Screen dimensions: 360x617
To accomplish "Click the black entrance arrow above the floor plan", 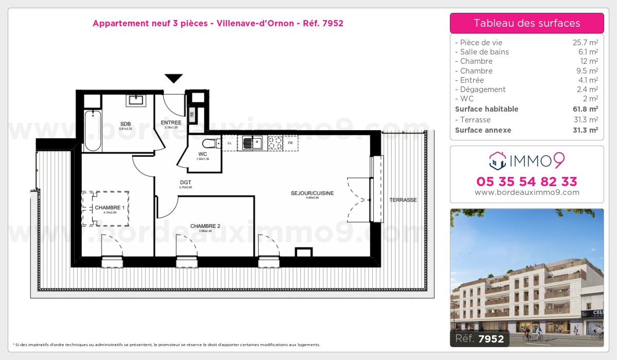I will click(x=174, y=78).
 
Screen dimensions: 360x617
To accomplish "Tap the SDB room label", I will click(x=125, y=124).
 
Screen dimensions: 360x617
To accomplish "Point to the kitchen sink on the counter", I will click(x=252, y=142).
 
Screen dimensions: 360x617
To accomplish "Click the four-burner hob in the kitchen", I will click(x=275, y=142).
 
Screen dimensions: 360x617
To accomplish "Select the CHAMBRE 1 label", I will click(x=110, y=208).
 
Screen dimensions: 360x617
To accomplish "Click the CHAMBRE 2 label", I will click(x=205, y=226).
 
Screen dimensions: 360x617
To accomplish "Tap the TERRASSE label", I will click(x=403, y=200).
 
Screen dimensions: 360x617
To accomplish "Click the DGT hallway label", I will click(x=186, y=182).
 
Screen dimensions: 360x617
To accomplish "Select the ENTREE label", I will click(x=171, y=122).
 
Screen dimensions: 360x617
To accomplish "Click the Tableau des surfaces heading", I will click(x=527, y=23).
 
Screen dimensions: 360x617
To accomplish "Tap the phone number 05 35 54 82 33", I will click(x=527, y=182).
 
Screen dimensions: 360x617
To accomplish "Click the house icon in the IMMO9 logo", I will click(x=498, y=161).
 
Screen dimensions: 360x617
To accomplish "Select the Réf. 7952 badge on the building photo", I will click(x=479, y=338).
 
